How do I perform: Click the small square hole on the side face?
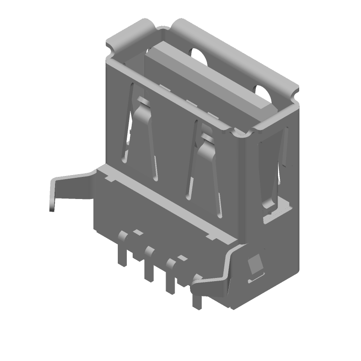click(256, 264)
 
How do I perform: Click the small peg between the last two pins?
click(182, 258)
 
